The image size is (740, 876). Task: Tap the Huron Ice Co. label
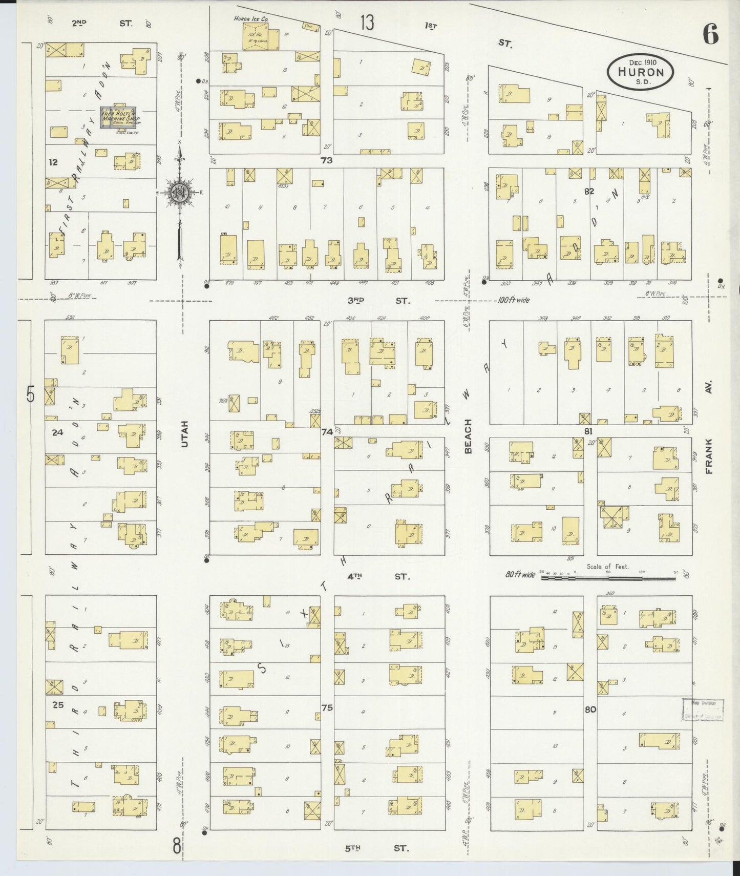tap(250, 19)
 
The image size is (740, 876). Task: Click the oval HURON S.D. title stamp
tap(640, 72)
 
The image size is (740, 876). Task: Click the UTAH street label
tap(184, 433)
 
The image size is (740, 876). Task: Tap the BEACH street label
tap(468, 436)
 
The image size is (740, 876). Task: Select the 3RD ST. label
tap(378, 301)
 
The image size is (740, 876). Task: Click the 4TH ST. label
tap(378, 576)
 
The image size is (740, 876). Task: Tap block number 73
tap(326, 160)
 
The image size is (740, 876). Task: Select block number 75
tap(327, 707)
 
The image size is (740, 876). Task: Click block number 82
tap(588, 191)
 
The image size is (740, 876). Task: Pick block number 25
tap(58, 704)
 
